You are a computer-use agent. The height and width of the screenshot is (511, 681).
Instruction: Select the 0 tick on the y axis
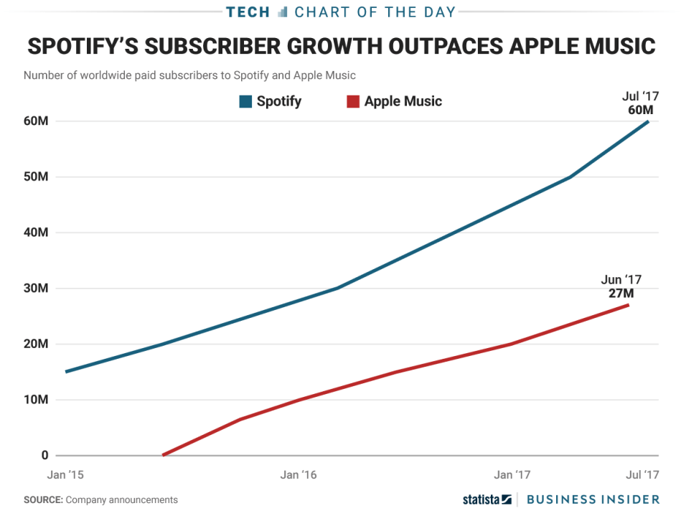(44, 455)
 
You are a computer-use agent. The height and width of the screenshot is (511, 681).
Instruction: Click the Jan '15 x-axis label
(65, 474)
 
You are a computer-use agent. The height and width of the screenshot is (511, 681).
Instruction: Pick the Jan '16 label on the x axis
(299, 474)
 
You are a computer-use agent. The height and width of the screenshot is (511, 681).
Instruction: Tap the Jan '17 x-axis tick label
(512, 474)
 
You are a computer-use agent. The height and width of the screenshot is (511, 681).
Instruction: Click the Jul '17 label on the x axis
(642, 474)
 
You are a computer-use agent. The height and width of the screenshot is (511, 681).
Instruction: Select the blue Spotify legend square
(245, 102)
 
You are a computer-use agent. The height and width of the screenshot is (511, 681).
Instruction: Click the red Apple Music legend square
(352, 102)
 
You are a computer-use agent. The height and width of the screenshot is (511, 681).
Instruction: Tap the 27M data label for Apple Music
(621, 293)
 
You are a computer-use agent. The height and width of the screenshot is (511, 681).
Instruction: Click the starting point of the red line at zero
(164, 455)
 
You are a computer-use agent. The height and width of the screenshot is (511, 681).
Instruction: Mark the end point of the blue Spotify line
(649, 121)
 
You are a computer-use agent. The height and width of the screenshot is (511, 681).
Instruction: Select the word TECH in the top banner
(248, 12)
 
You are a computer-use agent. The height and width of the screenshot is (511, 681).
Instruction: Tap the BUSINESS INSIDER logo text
(593, 499)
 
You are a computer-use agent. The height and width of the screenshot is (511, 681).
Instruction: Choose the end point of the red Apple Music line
(629, 305)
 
